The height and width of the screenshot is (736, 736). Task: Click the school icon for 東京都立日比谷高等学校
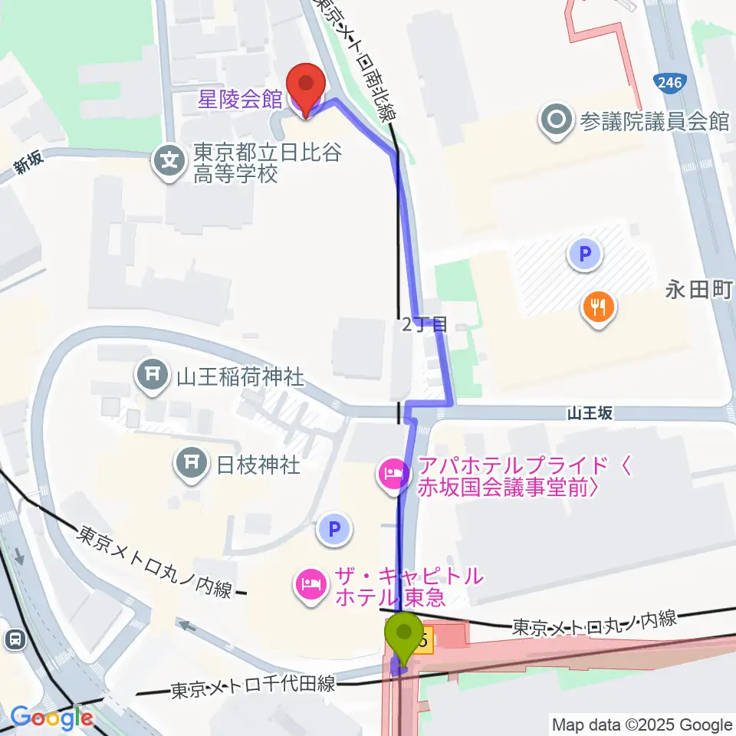point(169,160)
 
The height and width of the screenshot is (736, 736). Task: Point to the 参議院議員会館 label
point(654,121)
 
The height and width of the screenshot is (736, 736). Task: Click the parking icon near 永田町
point(584,254)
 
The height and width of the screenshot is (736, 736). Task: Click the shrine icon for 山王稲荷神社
point(151,375)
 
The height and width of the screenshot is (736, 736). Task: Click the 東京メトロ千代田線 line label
point(253,685)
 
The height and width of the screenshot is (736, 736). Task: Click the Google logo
point(51,718)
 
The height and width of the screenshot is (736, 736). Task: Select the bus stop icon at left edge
point(13,638)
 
